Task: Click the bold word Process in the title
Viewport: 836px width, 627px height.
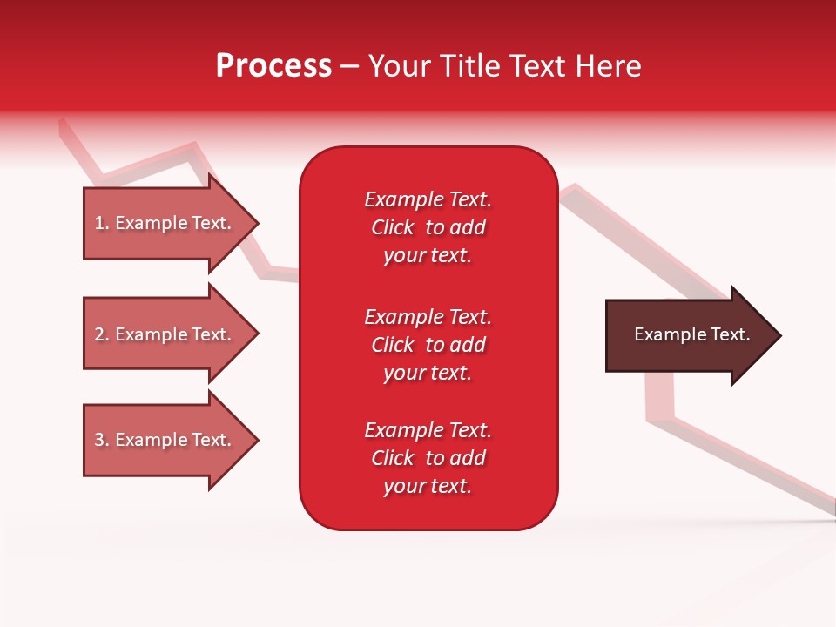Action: click(273, 66)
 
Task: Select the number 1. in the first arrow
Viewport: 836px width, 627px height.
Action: click(101, 223)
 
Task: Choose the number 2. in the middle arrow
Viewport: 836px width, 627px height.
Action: click(101, 334)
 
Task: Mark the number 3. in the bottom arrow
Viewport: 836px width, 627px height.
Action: click(101, 440)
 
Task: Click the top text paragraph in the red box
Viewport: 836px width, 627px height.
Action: click(428, 227)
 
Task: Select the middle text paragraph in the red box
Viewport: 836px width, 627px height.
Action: click(428, 345)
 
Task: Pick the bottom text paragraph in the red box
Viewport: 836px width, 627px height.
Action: click(428, 458)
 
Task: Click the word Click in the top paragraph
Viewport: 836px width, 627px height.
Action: click(392, 227)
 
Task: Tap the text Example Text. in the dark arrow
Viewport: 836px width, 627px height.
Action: click(692, 334)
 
